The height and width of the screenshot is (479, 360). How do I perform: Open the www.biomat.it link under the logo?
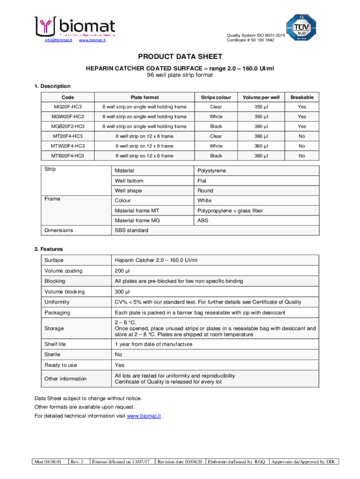click(92, 40)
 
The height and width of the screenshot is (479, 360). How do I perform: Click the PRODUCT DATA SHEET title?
click(180, 57)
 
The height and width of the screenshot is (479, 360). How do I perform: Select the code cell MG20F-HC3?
click(68, 107)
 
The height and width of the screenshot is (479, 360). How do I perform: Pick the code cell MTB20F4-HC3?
click(68, 156)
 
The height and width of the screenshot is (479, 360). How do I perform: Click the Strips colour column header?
click(216, 97)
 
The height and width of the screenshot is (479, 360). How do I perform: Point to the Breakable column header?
click(302, 97)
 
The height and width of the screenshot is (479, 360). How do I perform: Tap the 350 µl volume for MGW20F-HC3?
click(261, 117)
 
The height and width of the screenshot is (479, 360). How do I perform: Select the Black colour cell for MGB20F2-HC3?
click(216, 127)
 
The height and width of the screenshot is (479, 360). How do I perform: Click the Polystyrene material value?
click(211, 171)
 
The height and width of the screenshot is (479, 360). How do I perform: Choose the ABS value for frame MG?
click(203, 220)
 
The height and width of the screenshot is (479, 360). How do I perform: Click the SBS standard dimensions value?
click(131, 231)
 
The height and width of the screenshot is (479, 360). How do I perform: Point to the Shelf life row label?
click(55, 344)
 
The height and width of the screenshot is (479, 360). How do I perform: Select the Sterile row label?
click(52, 355)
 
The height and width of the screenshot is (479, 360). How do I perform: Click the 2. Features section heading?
click(49, 249)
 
